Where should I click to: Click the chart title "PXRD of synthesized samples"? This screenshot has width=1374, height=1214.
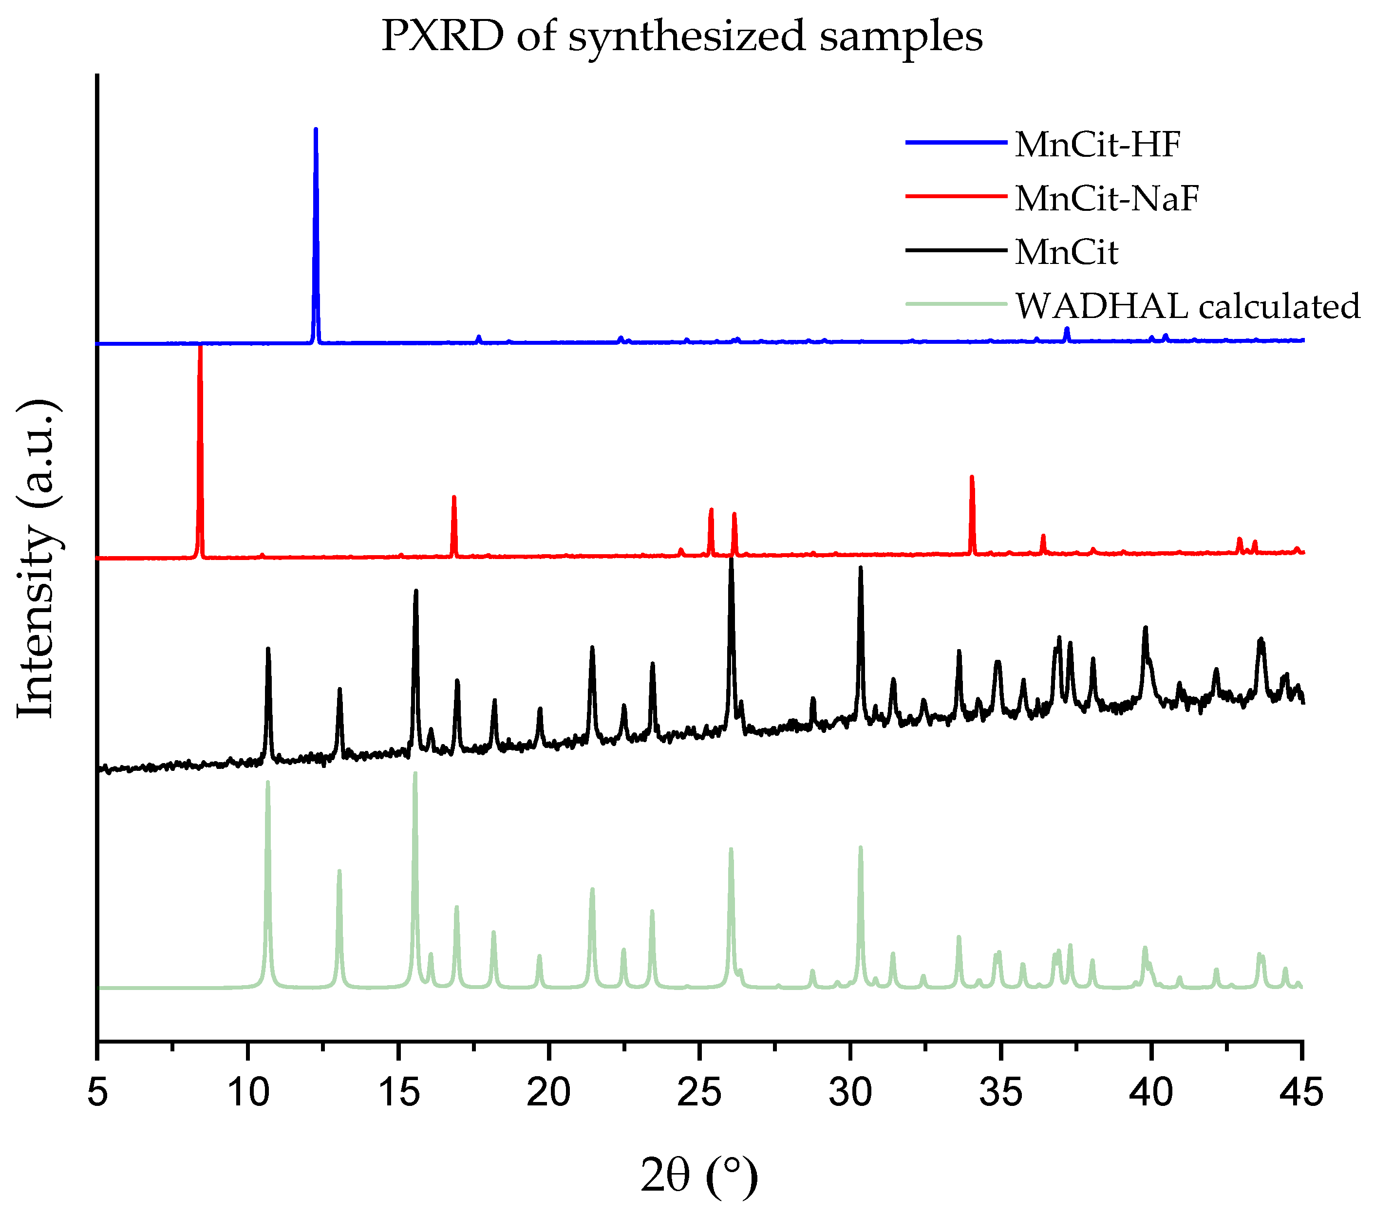[x=681, y=37]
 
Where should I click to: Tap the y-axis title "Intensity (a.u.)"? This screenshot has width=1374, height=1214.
[x=38, y=559]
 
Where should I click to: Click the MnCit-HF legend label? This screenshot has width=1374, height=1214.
[x=1097, y=145]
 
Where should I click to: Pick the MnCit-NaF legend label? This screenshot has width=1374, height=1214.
[x=1107, y=199]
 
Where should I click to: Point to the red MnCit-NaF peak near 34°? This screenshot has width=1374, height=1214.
[x=971, y=477]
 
